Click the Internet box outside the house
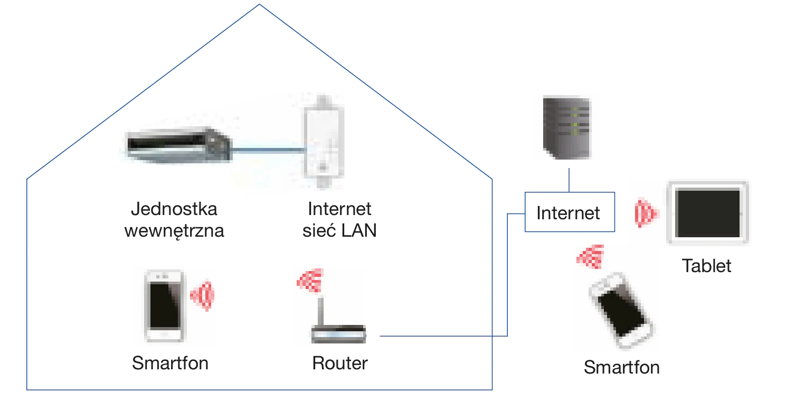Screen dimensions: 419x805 [569, 212]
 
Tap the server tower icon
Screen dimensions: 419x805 [567, 128]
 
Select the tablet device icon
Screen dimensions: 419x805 [708, 213]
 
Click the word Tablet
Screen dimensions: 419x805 [706, 266]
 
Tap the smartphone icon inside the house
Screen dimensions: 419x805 [165, 306]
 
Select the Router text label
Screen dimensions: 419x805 [340, 364]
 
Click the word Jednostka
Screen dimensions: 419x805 [174, 209]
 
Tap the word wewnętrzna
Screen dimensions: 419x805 [174, 231]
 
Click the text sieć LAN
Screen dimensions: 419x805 [339, 231]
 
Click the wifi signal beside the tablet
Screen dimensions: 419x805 [646, 213]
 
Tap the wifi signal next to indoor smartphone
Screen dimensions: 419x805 [203, 295]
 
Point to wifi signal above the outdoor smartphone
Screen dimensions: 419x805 [592, 257]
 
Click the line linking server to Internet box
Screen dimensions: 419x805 [569, 180]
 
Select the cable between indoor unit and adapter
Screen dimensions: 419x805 [268, 151]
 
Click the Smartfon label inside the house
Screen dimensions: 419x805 [170, 364]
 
